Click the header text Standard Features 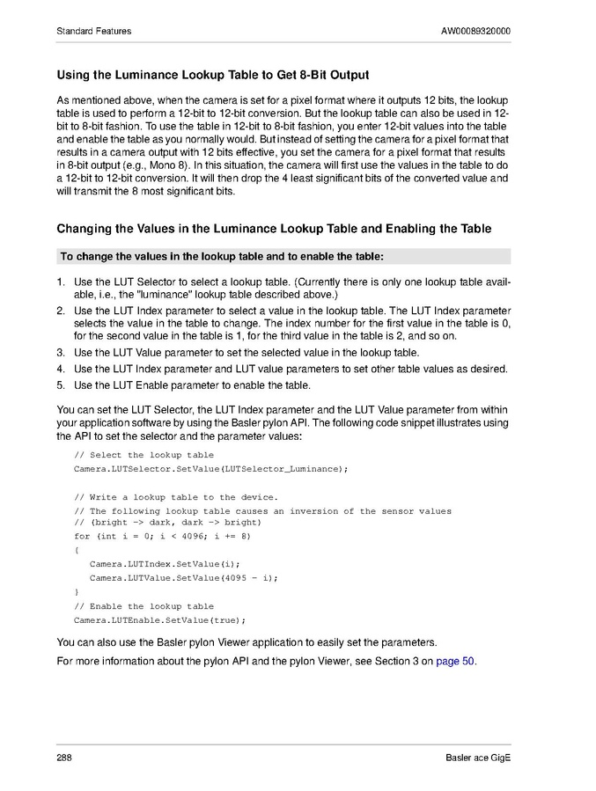point(93,32)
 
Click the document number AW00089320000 point(475,32)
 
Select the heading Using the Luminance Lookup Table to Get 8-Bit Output point(212,75)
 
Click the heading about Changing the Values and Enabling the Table point(274,229)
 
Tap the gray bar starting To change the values point(283,257)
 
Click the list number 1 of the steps point(61,282)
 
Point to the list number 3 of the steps point(61,353)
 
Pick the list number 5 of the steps point(61,385)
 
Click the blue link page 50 point(455,662)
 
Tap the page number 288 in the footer point(64,758)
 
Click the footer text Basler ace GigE point(478,758)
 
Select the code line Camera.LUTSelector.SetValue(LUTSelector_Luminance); point(210,469)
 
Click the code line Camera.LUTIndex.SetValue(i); point(165,563)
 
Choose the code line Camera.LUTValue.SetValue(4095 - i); point(183,577)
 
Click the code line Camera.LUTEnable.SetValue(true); point(159,620)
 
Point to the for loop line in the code point(162,535)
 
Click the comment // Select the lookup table point(143,455)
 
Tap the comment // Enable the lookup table point(143,606)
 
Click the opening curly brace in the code point(77,549)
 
